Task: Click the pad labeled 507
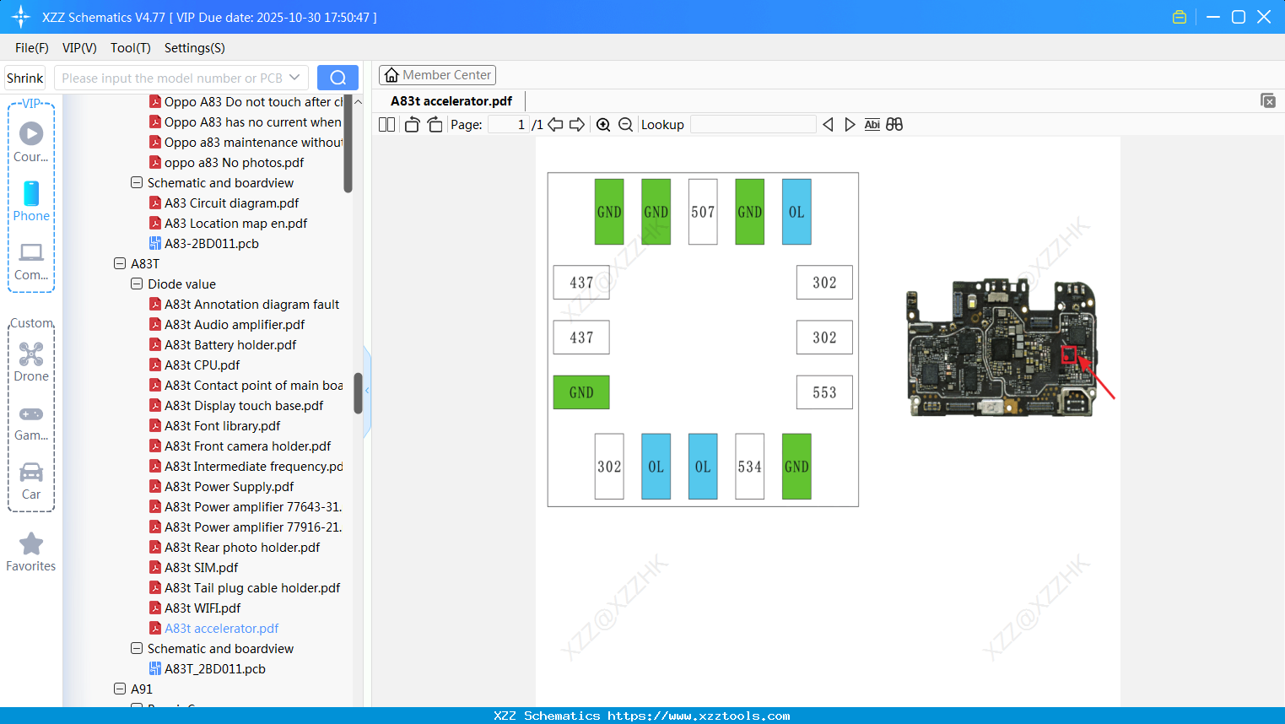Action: (702, 212)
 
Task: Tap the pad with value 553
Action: (823, 392)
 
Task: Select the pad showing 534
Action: (749, 467)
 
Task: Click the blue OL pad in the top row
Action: (796, 212)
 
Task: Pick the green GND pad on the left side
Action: (580, 392)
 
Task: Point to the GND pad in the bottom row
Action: (796, 467)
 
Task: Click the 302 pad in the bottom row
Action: (608, 467)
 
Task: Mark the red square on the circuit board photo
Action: (1069, 354)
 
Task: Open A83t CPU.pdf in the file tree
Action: (202, 365)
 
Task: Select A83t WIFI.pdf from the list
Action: (202, 608)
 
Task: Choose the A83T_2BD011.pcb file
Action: (214, 669)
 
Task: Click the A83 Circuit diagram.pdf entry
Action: (231, 203)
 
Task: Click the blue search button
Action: (337, 78)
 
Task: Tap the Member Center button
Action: (437, 75)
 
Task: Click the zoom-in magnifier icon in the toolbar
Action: (603, 125)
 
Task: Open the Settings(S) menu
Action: (194, 48)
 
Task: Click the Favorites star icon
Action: (31, 544)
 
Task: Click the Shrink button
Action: (25, 78)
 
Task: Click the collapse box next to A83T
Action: (120, 264)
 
